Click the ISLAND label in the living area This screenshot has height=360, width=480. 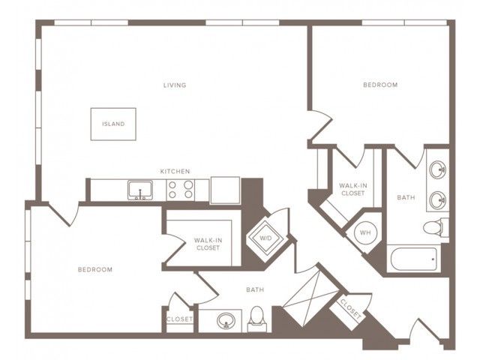[113, 124]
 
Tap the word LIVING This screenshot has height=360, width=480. [175, 85]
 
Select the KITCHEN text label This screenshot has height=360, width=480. [175, 172]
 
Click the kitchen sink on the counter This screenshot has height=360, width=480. [140, 190]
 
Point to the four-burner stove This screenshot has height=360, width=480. [181, 190]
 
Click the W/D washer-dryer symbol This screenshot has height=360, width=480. [265, 238]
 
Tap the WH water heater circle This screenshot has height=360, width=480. [365, 232]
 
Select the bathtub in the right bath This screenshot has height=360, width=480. [414, 259]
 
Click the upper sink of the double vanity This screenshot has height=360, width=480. [437, 169]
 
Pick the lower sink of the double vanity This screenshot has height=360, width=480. [437, 200]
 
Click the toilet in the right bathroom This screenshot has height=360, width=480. [436, 227]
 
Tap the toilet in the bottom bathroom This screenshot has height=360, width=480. [257, 319]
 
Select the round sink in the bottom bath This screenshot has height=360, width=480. [226, 320]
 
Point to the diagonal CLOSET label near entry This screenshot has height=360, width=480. [351, 309]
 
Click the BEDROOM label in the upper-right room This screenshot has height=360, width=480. [380, 85]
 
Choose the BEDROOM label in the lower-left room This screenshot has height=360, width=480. [95, 270]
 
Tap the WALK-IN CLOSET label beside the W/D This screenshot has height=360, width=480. [208, 244]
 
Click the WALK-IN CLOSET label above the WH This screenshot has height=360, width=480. [353, 190]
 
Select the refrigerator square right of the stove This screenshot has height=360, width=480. [225, 190]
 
